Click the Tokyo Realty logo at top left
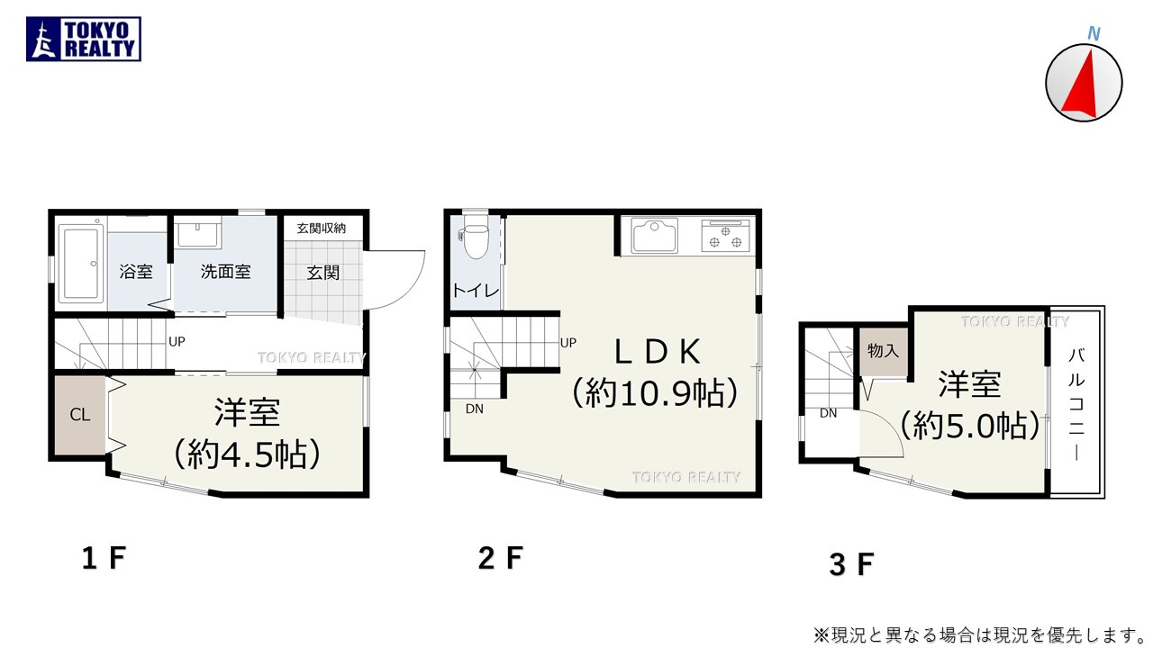[x=84, y=40]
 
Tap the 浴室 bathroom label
[x=136, y=271]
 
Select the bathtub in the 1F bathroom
[x=83, y=263]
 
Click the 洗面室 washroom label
[x=225, y=271]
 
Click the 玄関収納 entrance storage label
[x=322, y=229]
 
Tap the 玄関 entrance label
[x=322, y=272]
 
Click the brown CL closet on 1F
[x=80, y=415]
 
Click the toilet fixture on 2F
[x=475, y=238]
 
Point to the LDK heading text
[x=658, y=352]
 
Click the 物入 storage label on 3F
[x=883, y=351]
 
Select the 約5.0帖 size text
[x=969, y=426]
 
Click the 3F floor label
[x=851, y=564]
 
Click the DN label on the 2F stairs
[x=475, y=408]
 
